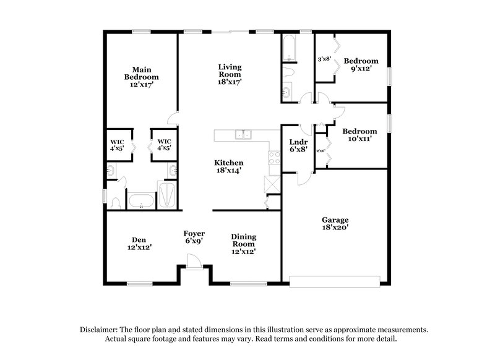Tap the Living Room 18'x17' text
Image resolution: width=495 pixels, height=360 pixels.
coord(229,74)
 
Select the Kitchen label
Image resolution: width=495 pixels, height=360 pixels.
coord(229,166)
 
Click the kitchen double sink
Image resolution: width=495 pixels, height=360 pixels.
coord(242,136)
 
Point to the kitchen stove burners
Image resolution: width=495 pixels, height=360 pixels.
coord(270,158)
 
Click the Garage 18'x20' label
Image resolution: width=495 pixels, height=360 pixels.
coord(335,223)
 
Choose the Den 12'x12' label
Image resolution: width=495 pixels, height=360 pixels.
coord(138,243)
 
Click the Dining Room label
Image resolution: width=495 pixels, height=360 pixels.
coord(243,244)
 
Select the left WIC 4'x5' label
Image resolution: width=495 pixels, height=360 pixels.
coord(118,144)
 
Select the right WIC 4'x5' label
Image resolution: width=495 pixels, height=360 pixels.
coord(164,144)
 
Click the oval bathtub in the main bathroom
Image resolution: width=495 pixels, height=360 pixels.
coord(140,200)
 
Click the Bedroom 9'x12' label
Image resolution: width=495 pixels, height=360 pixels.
coord(361,64)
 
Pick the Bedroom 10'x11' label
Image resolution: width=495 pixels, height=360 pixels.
coord(359,135)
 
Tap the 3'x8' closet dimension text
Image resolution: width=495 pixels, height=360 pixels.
coord(324,59)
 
